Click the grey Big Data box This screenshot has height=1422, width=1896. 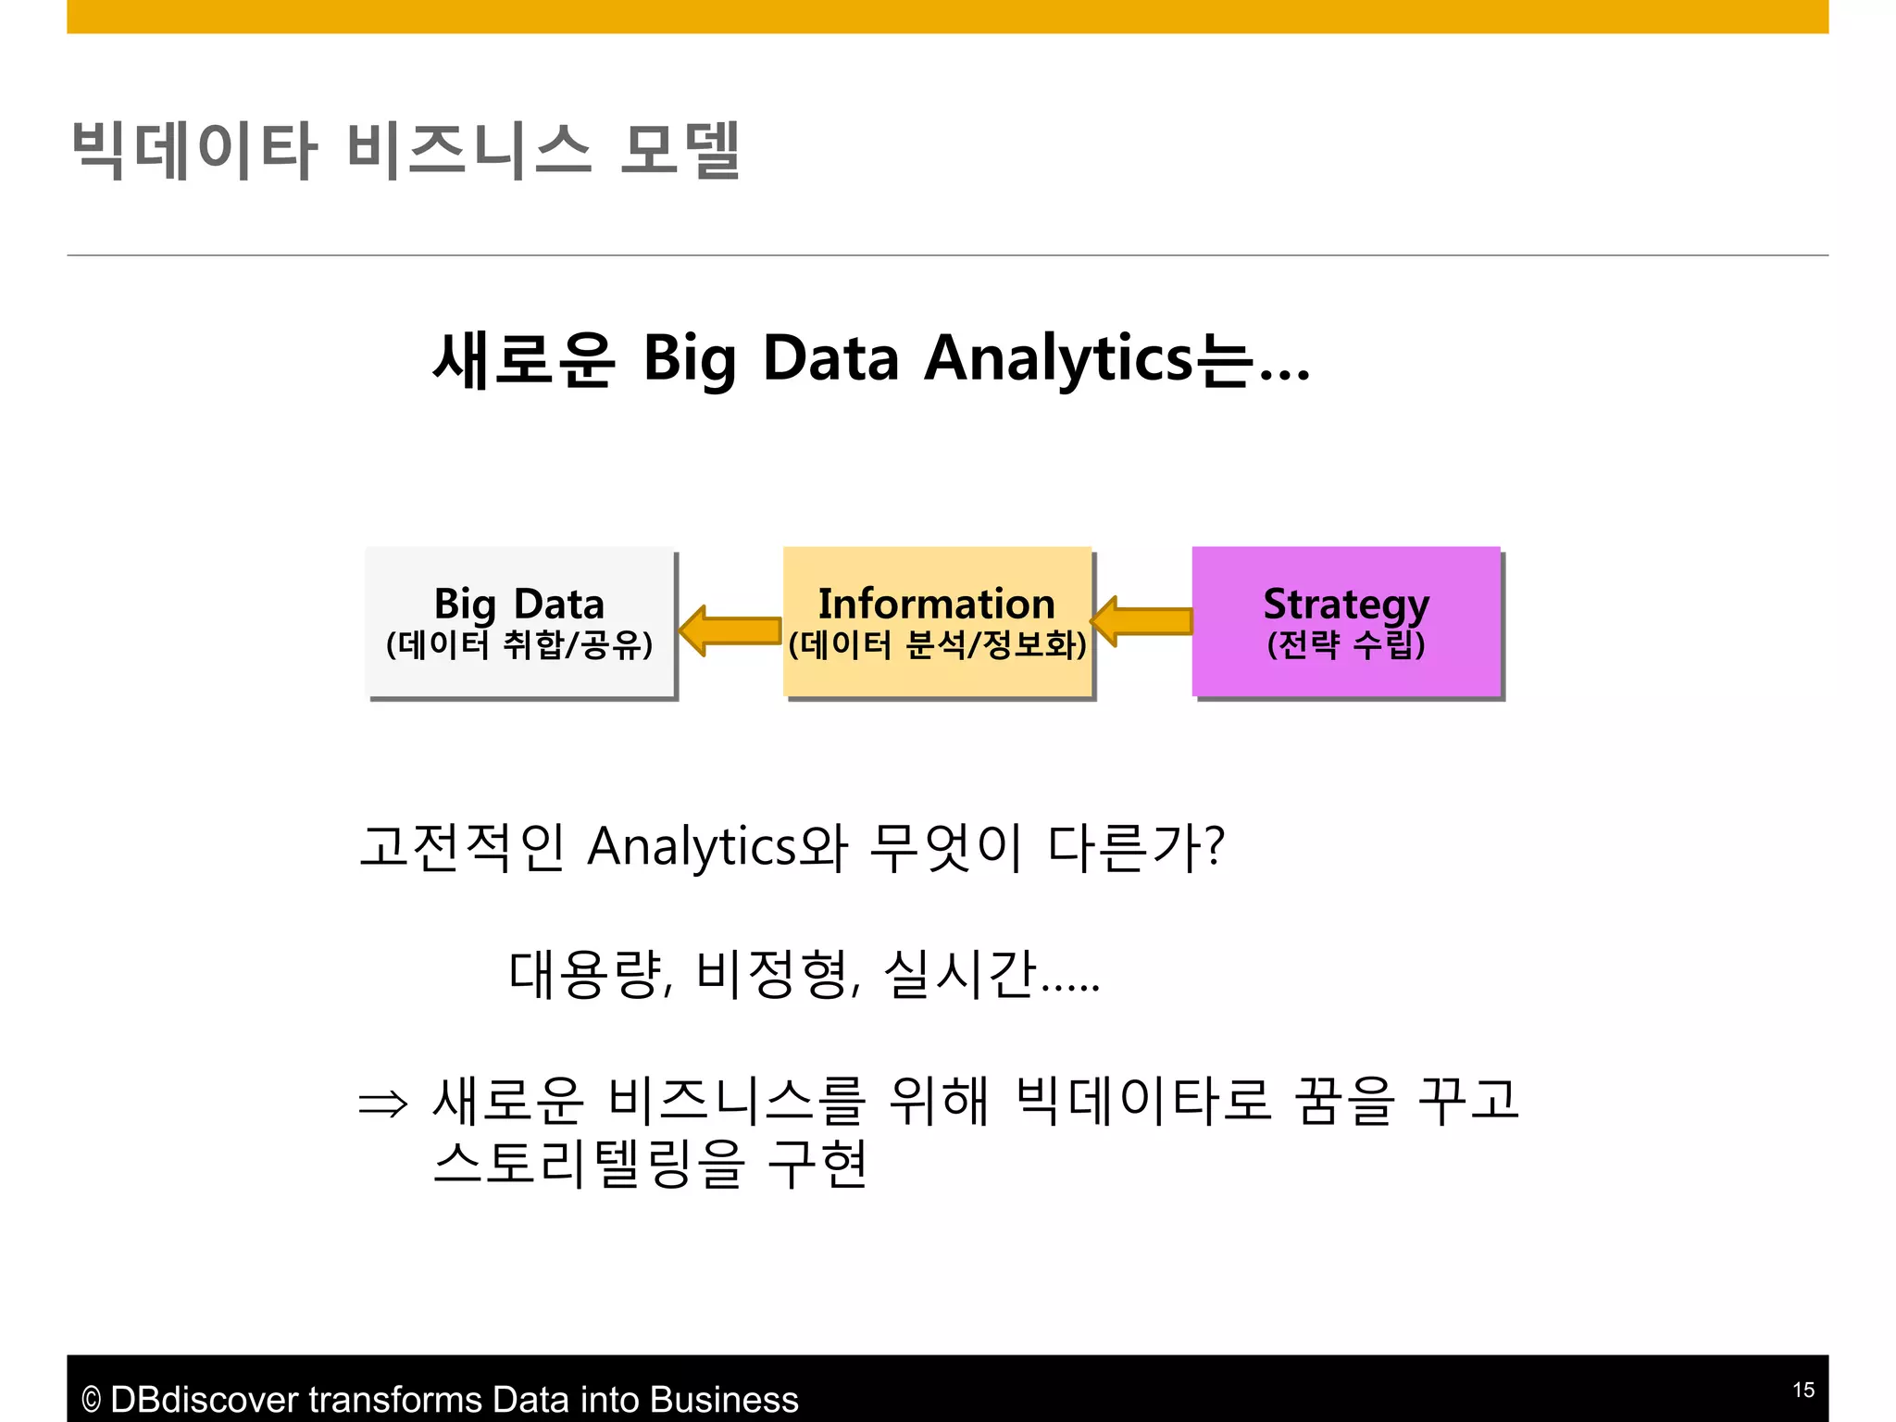(520, 621)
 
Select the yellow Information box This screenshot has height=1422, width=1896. (937, 621)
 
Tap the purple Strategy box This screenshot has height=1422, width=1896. (1345, 621)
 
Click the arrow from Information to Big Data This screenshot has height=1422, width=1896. (730, 630)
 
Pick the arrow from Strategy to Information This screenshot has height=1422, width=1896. (1141, 621)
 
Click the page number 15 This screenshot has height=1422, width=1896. (1802, 1390)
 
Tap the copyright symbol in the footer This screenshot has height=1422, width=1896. (91, 1400)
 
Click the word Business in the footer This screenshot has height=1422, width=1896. (724, 1399)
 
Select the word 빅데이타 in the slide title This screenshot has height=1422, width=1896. (194, 150)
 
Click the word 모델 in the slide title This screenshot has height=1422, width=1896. (680, 150)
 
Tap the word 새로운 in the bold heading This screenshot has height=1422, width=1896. (523, 358)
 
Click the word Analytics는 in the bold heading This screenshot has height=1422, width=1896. (1088, 358)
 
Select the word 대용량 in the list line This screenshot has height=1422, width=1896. (587, 974)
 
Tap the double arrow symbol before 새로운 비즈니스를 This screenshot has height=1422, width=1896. (382, 1104)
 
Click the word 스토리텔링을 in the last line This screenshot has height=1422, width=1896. (589, 1164)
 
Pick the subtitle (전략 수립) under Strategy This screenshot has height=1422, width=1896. (1345, 644)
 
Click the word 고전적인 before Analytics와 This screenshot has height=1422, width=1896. (462, 846)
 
